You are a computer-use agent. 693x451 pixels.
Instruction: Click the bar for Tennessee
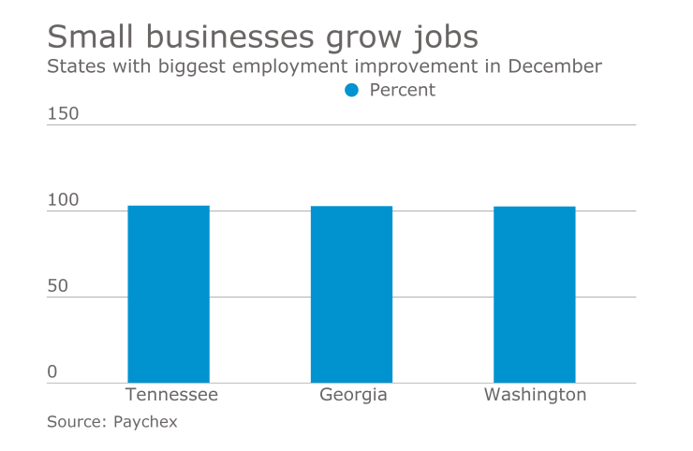click(x=169, y=294)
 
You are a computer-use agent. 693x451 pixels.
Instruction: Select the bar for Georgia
click(x=351, y=294)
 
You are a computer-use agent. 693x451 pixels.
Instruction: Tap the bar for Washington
click(x=535, y=294)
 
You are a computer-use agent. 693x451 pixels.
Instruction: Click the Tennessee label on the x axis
click(x=171, y=395)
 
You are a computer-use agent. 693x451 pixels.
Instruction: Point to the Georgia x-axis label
click(x=353, y=395)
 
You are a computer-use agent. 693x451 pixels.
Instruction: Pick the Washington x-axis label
click(x=535, y=395)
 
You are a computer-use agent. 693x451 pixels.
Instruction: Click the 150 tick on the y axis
click(x=64, y=114)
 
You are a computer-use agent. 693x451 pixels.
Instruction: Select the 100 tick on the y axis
click(x=64, y=201)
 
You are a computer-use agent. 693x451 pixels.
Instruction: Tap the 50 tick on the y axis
click(x=58, y=286)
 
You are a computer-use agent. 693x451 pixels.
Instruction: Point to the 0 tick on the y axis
click(x=52, y=372)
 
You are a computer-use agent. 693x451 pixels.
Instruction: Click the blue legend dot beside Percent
click(x=352, y=91)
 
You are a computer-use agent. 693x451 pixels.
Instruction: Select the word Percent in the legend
click(x=403, y=91)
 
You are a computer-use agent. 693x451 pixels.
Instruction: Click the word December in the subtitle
click(x=555, y=66)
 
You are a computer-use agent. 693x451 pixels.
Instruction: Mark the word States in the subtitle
click(x=74, y=66)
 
